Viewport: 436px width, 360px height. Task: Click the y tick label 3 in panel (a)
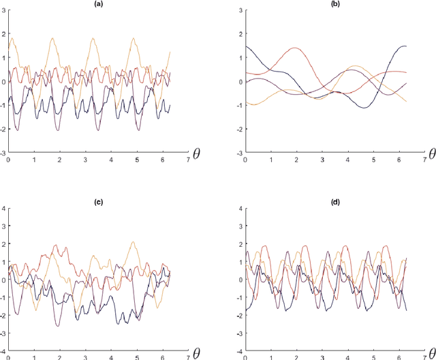5,11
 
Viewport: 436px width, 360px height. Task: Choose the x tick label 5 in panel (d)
367,358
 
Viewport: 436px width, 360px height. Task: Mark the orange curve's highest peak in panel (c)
133,241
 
